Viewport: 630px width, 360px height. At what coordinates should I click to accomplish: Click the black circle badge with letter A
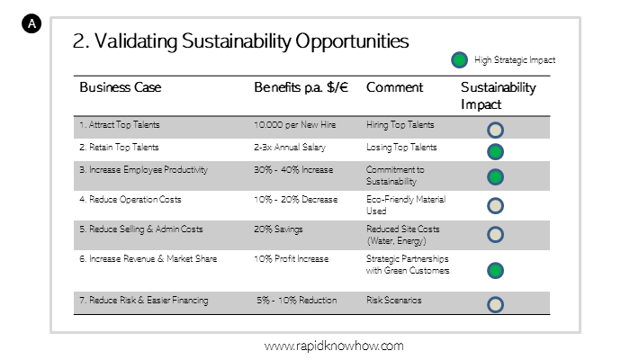31,23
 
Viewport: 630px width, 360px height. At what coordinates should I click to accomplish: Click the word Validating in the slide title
136,41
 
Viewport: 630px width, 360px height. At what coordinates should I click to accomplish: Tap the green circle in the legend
459,60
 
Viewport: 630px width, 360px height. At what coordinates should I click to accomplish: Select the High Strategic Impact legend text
515,60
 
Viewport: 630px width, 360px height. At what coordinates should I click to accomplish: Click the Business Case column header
120,87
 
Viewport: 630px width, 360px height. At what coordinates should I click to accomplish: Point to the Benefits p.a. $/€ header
301,87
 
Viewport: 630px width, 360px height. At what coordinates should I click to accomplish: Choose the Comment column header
394,87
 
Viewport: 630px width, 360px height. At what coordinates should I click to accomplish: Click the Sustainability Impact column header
499,95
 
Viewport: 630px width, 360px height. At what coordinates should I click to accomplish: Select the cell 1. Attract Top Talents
120,125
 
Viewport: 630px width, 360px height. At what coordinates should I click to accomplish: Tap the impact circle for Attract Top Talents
495,130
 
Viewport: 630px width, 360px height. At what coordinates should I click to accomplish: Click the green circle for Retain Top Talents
495,152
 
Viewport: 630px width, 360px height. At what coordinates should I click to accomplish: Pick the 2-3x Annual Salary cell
290,148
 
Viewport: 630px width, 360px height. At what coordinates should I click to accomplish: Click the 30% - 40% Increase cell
293,170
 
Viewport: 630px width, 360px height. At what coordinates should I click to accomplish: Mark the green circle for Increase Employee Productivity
495,177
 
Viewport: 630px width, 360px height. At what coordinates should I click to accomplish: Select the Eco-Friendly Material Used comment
406,205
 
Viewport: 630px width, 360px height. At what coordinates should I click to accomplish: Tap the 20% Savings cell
278,229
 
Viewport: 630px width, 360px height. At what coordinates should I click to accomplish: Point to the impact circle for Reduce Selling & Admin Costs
495,235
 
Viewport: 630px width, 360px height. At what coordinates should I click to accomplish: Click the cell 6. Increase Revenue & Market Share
148,259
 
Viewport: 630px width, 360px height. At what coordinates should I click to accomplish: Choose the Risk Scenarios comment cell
394,300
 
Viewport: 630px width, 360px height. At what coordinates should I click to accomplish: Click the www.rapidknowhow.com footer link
334,346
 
